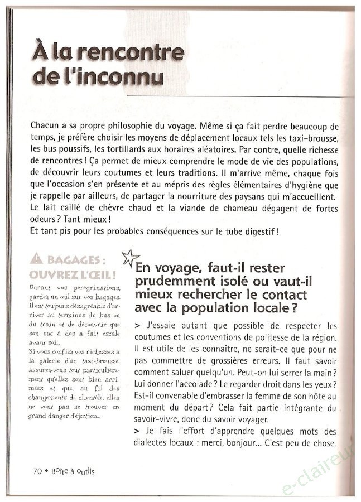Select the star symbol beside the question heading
(129, 257)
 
